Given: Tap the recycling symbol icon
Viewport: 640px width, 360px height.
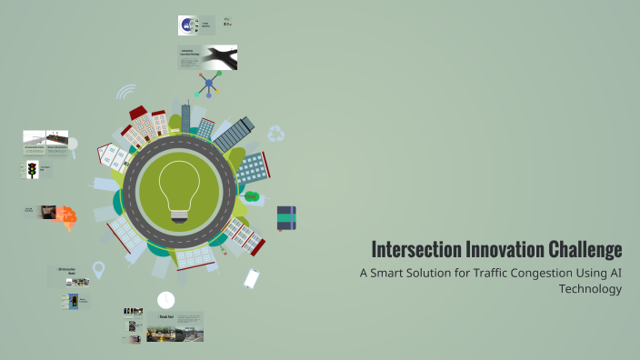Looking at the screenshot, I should [276, 135].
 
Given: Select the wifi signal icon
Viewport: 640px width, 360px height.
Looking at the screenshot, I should [125, 93].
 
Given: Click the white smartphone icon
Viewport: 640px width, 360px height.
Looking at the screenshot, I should [252, 278].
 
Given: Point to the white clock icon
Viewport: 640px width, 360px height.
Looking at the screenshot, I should [165, 299].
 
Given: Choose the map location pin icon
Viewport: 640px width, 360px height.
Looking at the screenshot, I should [98, 270].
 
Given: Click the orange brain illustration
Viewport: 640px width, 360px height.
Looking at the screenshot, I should [66, 215].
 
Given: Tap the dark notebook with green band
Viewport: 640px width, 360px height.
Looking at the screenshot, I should [286, 217].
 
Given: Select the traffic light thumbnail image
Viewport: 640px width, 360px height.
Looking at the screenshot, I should [33, 170].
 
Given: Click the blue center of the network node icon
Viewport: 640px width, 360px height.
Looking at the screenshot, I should [208, 84].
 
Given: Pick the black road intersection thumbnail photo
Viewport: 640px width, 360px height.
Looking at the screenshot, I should [220, 57].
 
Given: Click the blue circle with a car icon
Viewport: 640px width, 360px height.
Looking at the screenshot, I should [186, 25].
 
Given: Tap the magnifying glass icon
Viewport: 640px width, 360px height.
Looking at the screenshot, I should [74, 144].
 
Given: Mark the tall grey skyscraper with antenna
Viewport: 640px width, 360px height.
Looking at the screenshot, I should [185, 117].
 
